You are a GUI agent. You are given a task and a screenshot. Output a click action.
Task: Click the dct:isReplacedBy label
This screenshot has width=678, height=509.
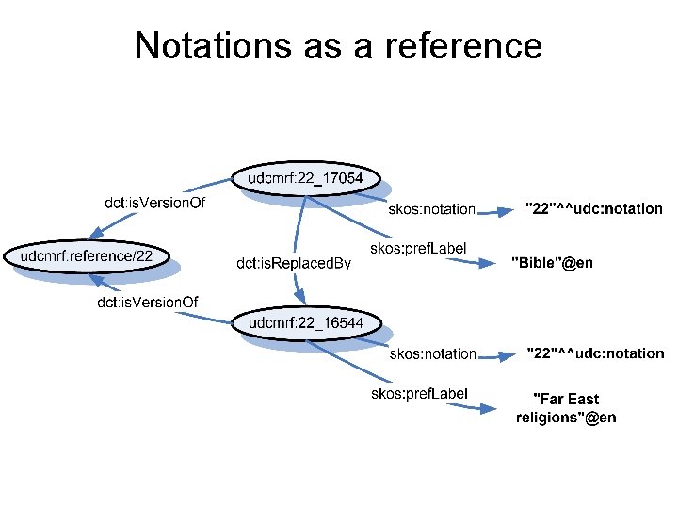tap(294, 263)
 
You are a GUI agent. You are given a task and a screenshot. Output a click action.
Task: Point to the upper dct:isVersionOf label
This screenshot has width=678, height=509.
tap(154, 202)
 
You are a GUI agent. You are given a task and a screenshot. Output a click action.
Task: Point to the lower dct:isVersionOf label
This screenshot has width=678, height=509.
tap(148, 302)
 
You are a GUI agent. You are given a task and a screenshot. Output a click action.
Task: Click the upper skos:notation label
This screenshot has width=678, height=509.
tap(432, 209)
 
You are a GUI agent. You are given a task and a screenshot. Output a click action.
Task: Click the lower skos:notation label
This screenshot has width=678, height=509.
tap(433, 353)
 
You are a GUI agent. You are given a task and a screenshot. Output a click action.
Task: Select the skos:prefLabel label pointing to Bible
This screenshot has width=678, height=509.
tap(419, 249)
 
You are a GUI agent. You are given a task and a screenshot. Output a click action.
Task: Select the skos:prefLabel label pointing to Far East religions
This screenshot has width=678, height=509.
tap(419, 393)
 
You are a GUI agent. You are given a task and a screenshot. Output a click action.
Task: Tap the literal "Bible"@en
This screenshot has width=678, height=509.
tap(552, 262)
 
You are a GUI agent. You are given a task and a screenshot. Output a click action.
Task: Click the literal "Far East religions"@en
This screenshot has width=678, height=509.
tap(566, 408)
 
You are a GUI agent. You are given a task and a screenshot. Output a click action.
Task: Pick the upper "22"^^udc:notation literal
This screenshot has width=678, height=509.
tap(593, 209)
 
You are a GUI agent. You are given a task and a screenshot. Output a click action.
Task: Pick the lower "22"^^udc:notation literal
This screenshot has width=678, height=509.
tap(594, 353)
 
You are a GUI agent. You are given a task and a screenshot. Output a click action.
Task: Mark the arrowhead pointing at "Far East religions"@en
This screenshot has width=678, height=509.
tap(487, 409)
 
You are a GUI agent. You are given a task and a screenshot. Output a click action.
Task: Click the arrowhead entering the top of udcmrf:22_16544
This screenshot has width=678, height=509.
tap(299, 305)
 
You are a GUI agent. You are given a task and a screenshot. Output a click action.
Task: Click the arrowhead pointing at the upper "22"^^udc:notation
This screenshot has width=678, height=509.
tap(507, 212)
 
